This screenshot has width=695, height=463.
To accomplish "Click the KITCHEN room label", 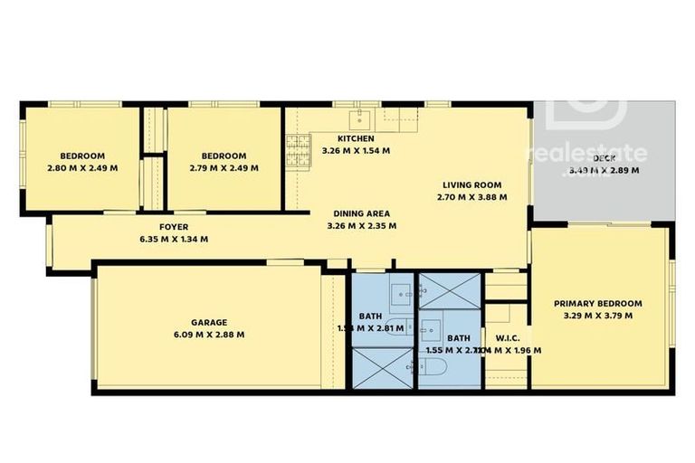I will pos(357,138).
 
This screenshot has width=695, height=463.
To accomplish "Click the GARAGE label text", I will pos(208,322).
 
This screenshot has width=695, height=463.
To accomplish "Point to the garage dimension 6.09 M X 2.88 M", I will pos(208,335).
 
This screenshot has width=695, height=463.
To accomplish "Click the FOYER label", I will pos(174,227).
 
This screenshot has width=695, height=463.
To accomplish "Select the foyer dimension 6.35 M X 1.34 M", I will pos(174,240).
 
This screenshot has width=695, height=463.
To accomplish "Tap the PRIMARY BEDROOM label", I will pos(598,304).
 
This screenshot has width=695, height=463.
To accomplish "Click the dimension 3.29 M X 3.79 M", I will pos(598,317).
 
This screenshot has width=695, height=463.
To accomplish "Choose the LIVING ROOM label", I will pos(471,184).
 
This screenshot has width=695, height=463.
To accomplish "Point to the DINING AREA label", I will pos(361,213).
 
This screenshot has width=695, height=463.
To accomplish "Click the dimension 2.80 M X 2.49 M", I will pos(82,167).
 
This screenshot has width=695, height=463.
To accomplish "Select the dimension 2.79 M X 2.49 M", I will pos(224,167).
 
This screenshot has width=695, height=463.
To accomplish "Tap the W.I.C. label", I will pos(507,337).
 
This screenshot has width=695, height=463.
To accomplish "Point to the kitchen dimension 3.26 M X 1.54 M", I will pos(357,151).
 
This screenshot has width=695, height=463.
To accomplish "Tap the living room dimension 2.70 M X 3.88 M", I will pos(471,196).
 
